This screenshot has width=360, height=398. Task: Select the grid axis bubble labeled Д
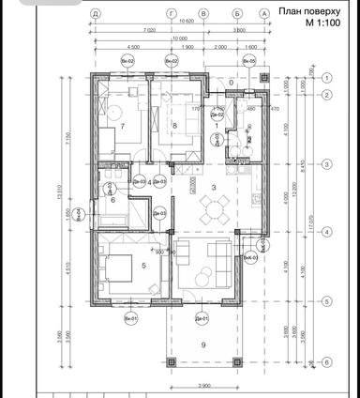[x=96, y=14]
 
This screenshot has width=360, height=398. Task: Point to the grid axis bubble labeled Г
[x=171, y=14]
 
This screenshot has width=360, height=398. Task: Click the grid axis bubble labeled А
[x=264, y=14]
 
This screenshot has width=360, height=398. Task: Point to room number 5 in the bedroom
[x=142, y=266]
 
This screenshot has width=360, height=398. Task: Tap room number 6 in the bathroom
[x=112, y=200]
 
